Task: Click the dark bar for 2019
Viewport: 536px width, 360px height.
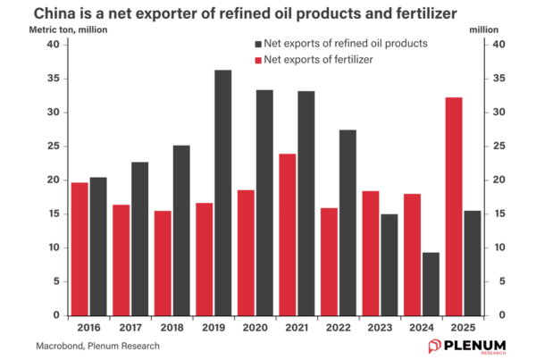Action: (x=222, y=192)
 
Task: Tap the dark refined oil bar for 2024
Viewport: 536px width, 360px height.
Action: (x=431, y=283)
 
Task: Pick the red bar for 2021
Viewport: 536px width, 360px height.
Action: (x=287, y=234)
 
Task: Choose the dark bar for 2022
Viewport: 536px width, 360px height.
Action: (x=348, y=222)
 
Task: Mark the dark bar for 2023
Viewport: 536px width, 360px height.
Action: (x=389, y=264)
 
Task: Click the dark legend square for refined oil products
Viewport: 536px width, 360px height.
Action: (x=258, y=43)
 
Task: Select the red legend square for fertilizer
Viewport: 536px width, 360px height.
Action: (x=258, y=60)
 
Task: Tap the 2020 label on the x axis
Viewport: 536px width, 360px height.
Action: (x=255, y=328)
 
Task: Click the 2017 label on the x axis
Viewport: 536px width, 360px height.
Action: (x=130, y=328)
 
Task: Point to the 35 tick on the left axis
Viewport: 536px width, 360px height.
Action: (x=53, y=79)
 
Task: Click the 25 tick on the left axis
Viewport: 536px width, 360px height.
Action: (x=53, y=147)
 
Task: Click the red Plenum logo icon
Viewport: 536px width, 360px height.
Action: (x=434, y=345)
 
